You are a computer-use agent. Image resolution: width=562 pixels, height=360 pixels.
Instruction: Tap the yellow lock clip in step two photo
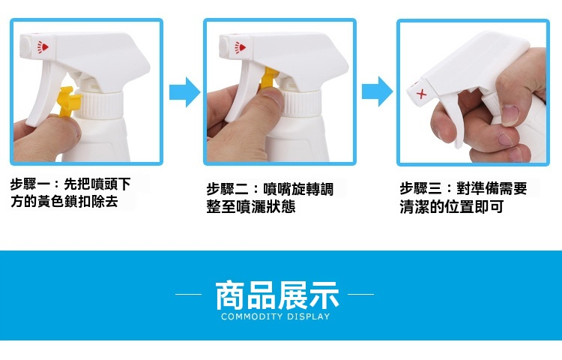[268, 78]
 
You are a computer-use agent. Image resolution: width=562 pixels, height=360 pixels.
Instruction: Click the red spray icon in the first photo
[43, 47]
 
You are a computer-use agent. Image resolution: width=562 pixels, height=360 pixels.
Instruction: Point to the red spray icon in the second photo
[240, 47]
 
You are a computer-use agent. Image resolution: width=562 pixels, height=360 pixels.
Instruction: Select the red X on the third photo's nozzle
[421, 94]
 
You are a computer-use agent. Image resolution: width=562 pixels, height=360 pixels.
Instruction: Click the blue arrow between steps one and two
[184, 91]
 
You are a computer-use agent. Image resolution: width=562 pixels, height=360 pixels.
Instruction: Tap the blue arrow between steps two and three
[377, 91]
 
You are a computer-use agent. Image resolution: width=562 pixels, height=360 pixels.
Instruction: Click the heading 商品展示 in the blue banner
[277, 295]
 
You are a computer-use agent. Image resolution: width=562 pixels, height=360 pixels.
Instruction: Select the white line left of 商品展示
[188, 295]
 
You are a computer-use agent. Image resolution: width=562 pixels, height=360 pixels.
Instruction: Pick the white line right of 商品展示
[360, 295]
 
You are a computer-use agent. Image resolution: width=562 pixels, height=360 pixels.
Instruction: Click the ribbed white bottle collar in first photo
[100, 105]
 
